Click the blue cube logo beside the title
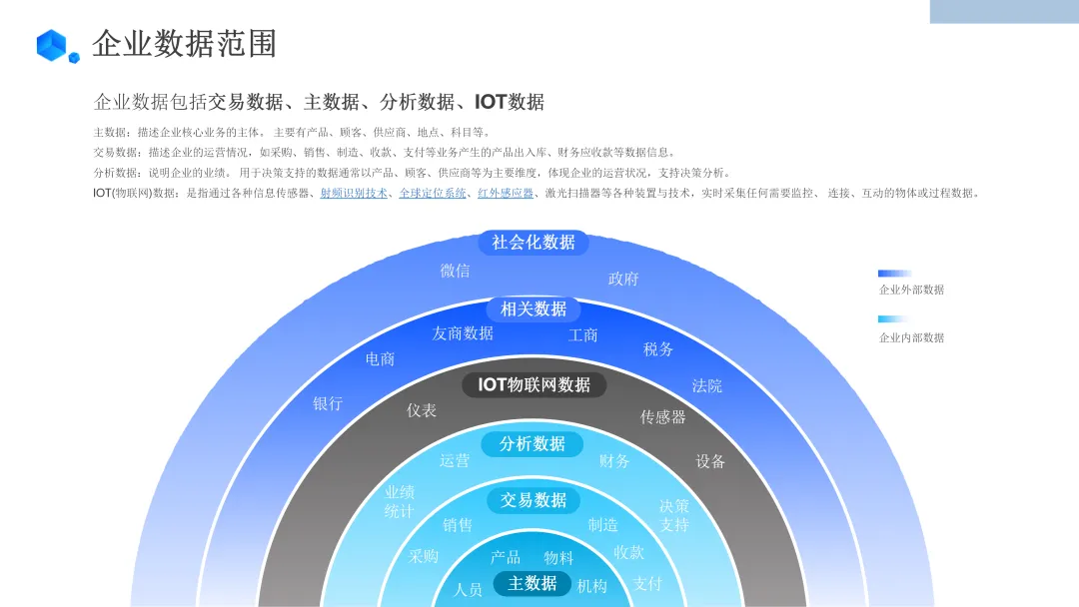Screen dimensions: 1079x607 point(56,46)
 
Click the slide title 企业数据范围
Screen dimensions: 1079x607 point(184,44)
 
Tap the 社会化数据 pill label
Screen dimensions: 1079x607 point(534,243)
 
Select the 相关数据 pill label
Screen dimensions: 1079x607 point(534,309)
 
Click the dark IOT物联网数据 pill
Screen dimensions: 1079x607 point(535,385)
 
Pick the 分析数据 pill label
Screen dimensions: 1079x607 point(533,444)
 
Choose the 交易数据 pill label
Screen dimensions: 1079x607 point(534,500)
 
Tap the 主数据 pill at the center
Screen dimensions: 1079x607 point(533,583)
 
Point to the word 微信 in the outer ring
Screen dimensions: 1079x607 point(455,271)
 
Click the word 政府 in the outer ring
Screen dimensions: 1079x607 point(623,279)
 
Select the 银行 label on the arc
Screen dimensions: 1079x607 point(328,403)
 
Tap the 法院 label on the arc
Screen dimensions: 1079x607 point(707,385)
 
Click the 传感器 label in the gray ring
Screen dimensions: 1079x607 point(663,417)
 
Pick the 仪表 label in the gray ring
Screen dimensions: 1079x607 point(422,410)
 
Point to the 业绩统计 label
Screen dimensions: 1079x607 point(400,502)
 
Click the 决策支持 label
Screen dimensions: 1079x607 point(674,515)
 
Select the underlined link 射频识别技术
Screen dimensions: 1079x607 point(354,194)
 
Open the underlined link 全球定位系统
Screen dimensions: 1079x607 point(433,194)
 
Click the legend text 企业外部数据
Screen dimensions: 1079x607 point(911,291)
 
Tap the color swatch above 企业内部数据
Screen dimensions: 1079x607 point(894,319)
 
